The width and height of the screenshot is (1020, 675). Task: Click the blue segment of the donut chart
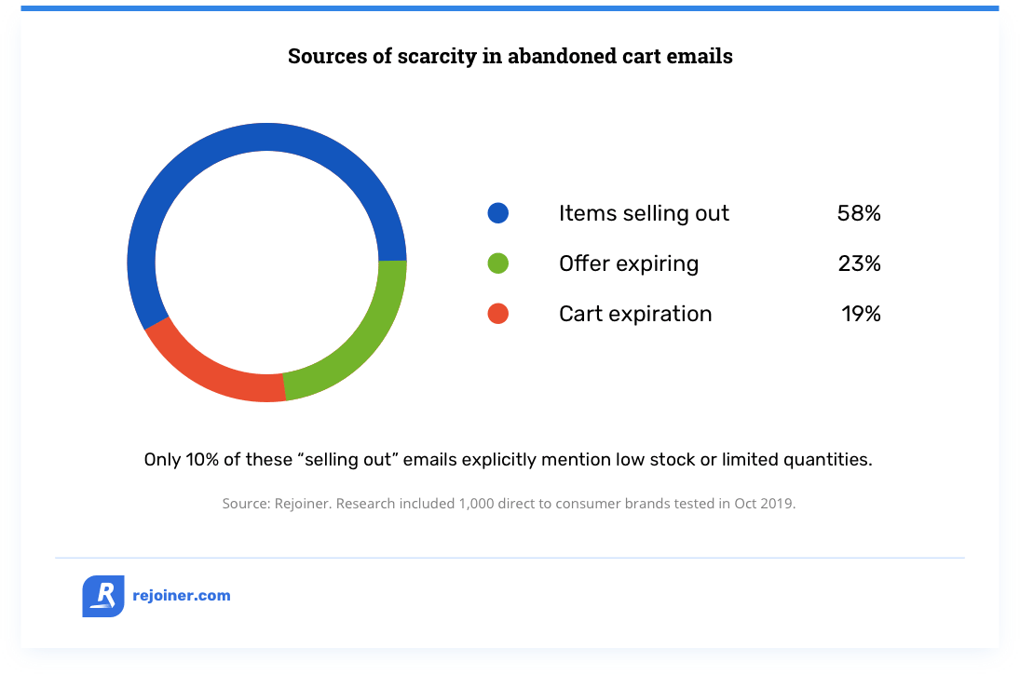[266, 137]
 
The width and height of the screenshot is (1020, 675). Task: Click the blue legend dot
[498, 213]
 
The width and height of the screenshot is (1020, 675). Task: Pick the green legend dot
[498, 263]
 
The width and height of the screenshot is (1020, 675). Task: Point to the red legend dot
[498, 314]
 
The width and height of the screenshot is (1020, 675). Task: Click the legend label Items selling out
[644, 213]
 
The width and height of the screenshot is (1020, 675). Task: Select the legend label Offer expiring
[629, 263]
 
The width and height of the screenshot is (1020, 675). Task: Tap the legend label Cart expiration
[635, 314]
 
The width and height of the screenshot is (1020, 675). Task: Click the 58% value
[859, 213]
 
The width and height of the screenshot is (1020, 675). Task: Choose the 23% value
[860, 263]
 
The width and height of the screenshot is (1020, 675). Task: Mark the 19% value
[862, 314]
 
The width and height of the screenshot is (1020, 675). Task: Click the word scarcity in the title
[437, 57]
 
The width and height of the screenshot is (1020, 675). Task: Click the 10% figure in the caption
[201, 460]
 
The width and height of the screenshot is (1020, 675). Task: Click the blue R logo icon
[103, 596]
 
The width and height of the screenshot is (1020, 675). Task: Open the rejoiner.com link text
[182, 596]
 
